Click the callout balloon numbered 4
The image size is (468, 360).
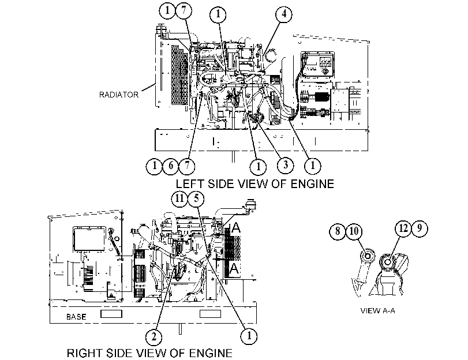tap(284, 14)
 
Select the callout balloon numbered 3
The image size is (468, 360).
tap(286, 165)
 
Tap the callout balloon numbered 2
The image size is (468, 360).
tap(153, 337)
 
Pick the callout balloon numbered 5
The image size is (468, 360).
tap(196, 198)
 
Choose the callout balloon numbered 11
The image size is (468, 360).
tap(179, 198)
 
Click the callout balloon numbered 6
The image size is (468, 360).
tap(170, 166)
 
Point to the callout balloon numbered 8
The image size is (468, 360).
tap(338, 231)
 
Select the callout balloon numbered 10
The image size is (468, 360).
tap(354, 231)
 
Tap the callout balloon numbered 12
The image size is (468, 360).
tap(403, 228)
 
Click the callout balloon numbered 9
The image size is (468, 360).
tap(420, 228)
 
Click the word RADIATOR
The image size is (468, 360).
tap(119, 95)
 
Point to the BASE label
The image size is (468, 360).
tap(76, 317)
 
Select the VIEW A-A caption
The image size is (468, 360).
tap(377, 311)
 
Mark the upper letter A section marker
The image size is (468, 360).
tap(236, 228)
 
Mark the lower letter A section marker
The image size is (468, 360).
tap(235, 268)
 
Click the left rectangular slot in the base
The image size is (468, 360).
tap(111, 314)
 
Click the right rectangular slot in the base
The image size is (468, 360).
tap(210, 314)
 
